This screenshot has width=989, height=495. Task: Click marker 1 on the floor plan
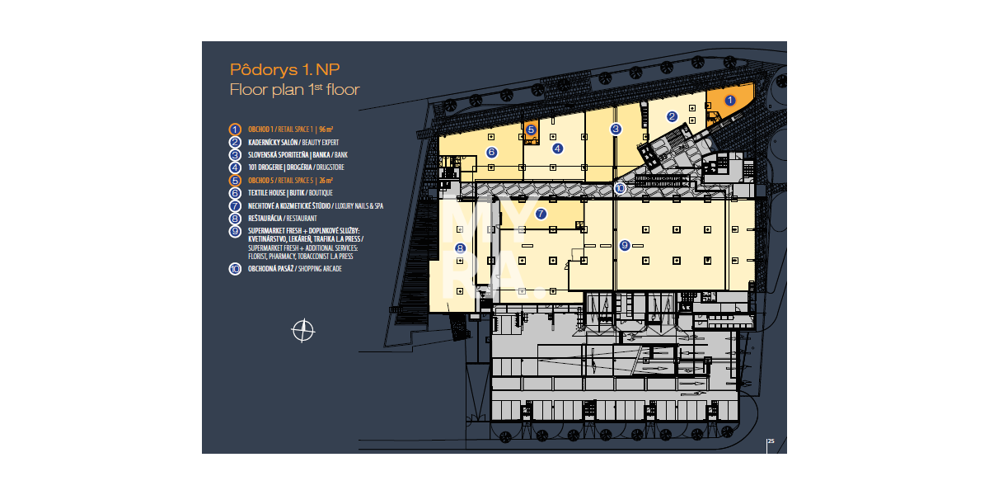click(729, 100)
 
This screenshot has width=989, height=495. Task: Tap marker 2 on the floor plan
click(672, 116)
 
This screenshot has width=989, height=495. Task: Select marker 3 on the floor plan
click(616, 129)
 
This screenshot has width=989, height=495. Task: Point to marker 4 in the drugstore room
click(557, 148)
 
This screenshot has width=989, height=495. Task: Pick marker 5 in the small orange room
click(531, 130)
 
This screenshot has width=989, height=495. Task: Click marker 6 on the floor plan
click(491, 152)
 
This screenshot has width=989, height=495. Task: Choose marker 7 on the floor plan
click(541, 214)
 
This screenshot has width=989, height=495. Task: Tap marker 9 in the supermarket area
click(625, 245)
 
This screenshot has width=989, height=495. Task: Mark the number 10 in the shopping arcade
click(620, 188)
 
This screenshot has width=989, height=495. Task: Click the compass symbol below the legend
click(303, 331)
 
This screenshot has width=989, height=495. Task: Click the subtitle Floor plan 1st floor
click(294, 89)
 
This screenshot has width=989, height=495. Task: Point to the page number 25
click(771, 441)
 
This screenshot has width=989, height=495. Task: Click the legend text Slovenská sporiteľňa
click(298, 154)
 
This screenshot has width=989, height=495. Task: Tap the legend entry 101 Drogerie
click(297, 167)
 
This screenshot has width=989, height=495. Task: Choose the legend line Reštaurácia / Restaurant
click(288, 218)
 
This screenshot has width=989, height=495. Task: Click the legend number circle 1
click(235, 130)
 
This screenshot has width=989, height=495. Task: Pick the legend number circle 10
click(235, 269)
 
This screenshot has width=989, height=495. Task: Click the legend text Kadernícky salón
click(293, 142)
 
